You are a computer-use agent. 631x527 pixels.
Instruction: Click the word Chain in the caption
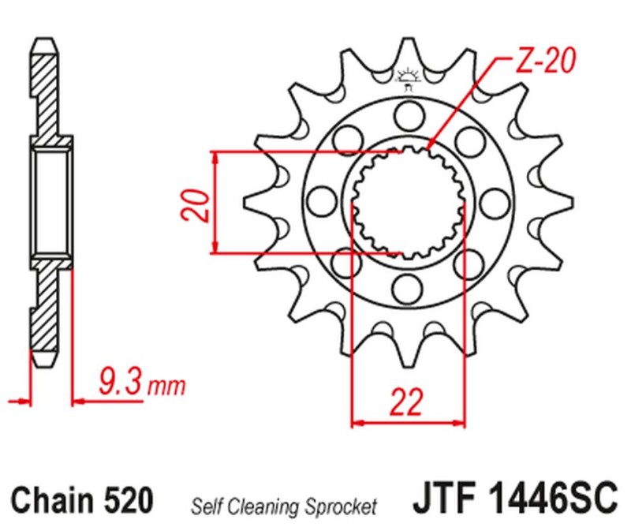pyautogui.click(x=56, y=499)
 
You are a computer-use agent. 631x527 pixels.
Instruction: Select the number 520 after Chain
pyautogui.click(x=127, y=499)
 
